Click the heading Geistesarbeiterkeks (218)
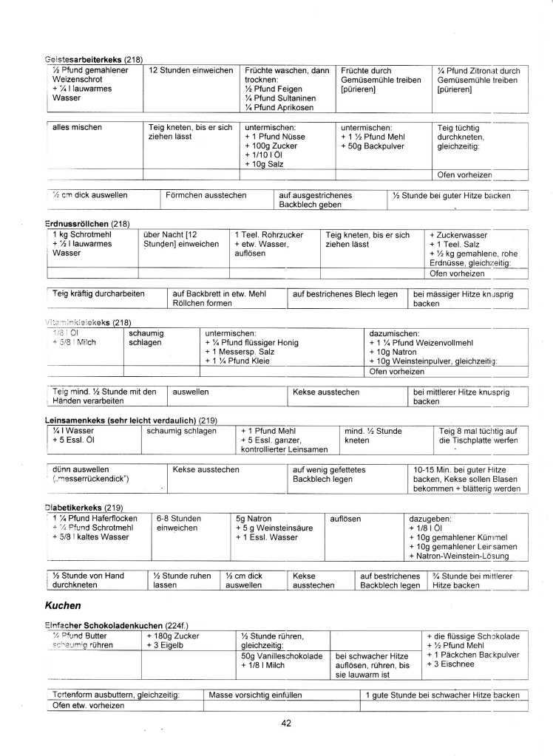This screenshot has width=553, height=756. [x=93, y=58]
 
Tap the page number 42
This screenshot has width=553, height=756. [x=286, y=723]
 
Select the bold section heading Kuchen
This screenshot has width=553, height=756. [x=64, y=605]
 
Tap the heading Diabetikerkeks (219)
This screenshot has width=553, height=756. [x=84, y=507]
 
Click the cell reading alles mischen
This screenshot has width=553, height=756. [x=77, y=127]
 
